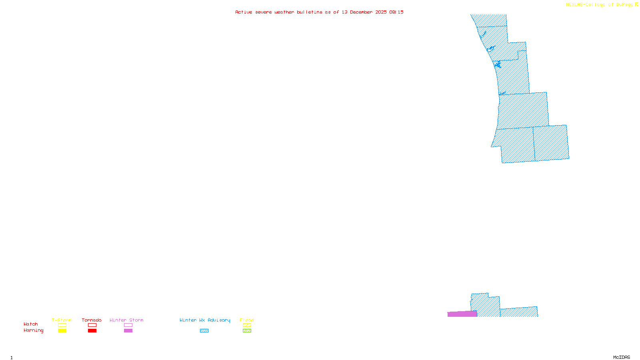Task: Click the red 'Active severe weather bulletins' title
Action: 319,12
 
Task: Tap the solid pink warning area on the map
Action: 462,314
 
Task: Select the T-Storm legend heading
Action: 62,320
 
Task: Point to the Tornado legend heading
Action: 92,320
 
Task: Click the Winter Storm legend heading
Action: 126,320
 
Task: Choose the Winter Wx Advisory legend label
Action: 205,320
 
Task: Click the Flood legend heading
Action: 247,320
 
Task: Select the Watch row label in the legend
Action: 31,324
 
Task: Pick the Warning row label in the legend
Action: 33,330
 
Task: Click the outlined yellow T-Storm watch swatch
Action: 62,325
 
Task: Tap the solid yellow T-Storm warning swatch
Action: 62,331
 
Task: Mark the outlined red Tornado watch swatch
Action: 92,325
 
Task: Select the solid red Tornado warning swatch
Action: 92,331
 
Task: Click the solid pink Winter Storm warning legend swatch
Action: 128,331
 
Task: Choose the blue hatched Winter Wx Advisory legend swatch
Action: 204,331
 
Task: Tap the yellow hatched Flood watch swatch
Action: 247,325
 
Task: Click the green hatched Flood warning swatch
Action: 247,331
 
